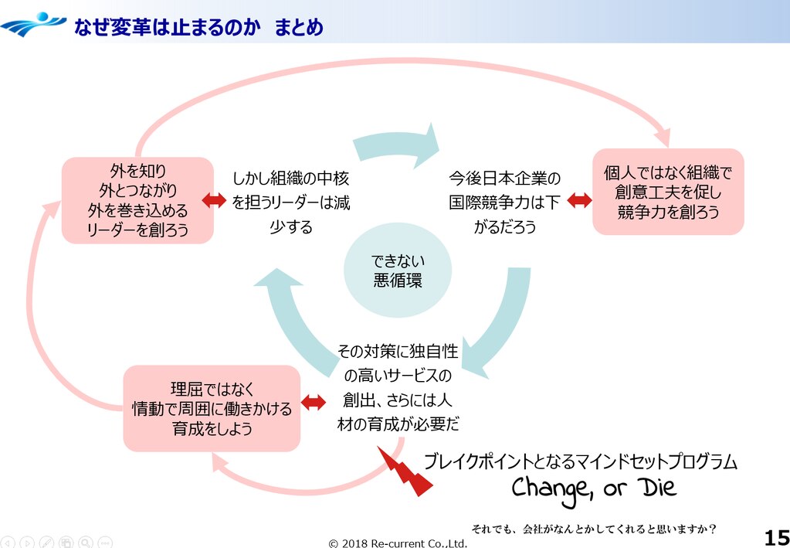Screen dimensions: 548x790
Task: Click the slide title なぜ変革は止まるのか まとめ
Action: coord(198,27)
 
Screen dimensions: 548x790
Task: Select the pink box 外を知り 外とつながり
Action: coord(137,199)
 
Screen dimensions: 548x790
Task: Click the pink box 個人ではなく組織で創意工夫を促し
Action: coord(668,192)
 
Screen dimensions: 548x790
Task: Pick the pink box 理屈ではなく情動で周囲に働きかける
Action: coord(212,408)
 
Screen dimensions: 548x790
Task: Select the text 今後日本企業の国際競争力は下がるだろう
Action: coord(505,203)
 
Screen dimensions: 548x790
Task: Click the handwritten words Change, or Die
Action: coord(593,488)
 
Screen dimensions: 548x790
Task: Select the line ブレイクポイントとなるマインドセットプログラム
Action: coord(580,462)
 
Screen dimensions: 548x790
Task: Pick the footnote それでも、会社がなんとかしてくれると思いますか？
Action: coord(594,529)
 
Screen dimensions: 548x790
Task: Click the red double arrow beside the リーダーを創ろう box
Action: coord(213,200)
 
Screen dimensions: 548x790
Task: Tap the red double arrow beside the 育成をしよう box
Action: coord(314,402)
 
